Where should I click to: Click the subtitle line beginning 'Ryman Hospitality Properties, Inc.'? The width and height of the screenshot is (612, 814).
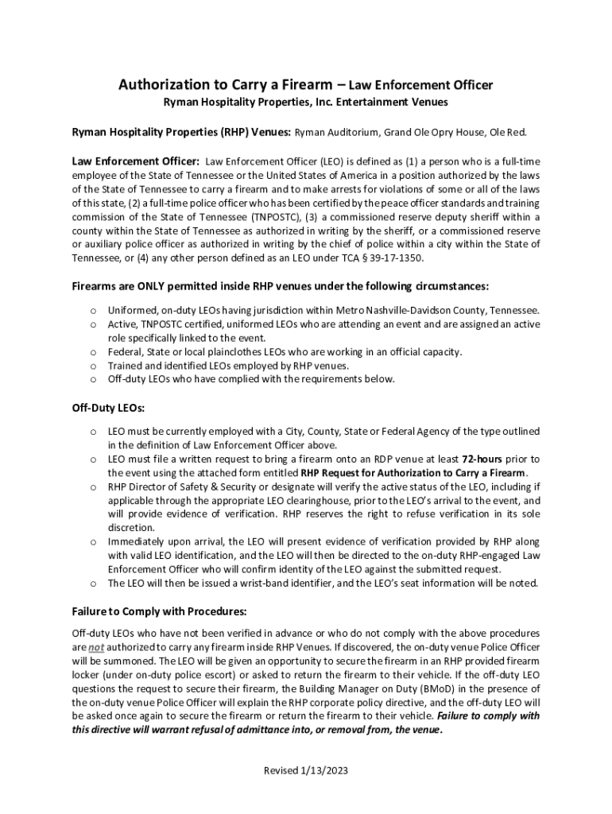tap(306, 103)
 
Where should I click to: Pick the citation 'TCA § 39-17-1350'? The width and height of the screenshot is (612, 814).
tap(379, 258)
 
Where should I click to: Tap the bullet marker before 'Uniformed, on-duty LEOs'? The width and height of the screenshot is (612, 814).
tap(93, 310)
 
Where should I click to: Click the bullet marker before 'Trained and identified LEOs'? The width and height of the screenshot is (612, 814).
tap(93, 366)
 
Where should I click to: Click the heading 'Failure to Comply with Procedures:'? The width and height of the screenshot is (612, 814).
tap(160, 611)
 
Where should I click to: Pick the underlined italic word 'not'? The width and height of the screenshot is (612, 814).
tap(96, 647)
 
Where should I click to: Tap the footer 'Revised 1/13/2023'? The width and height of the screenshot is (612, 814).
tap(306, 770)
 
